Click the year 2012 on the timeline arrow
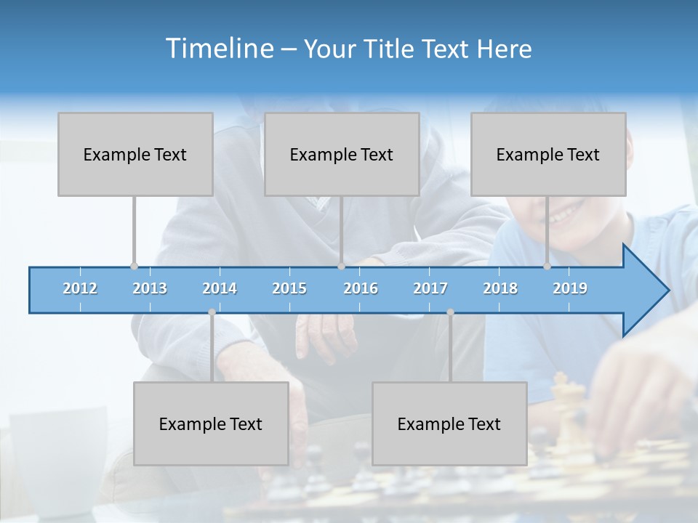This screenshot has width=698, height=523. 80,288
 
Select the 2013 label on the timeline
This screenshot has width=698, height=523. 150,288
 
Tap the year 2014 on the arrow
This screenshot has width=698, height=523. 220,288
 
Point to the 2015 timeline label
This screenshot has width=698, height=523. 289,288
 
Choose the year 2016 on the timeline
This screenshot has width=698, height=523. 361,288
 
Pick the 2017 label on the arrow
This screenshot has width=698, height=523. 430,288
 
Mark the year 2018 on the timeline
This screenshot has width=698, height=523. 500,288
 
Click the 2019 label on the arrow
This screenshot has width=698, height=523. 570,288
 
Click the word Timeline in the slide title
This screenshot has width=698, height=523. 218,48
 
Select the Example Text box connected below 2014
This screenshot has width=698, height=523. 211,423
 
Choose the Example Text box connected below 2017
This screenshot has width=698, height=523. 449,423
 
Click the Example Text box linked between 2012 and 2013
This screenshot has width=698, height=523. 135,154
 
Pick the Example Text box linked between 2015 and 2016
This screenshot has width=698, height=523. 342,154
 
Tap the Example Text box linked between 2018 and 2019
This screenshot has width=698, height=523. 548,154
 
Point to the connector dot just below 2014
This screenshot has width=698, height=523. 212,312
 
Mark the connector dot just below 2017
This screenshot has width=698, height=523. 450,312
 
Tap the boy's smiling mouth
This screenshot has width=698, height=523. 563,215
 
